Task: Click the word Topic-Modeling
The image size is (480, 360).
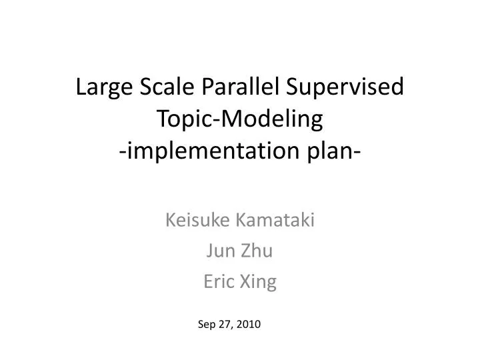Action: [x=239, y=120]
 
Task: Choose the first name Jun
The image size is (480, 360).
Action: [x=219, y=251]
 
